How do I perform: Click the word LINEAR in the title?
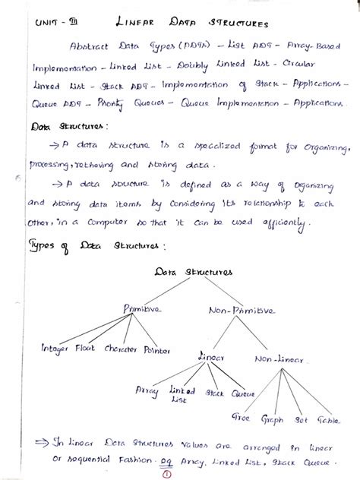tap(142, 23)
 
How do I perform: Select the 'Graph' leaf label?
tap(272, 418)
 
